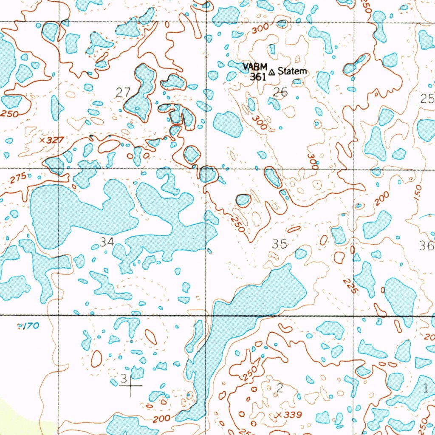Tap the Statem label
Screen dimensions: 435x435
coord(292,71)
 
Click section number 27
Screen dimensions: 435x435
coord(122,91)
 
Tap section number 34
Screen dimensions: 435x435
coord(107,242)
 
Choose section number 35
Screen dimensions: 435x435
coord(280,244)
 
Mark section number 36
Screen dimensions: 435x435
coord(426,246)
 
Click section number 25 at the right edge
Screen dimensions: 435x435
coord(427,99)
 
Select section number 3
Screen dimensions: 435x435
coord(124,378)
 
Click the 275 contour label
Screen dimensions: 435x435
coord(19,178)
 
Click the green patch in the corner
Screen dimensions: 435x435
coord(17,414)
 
